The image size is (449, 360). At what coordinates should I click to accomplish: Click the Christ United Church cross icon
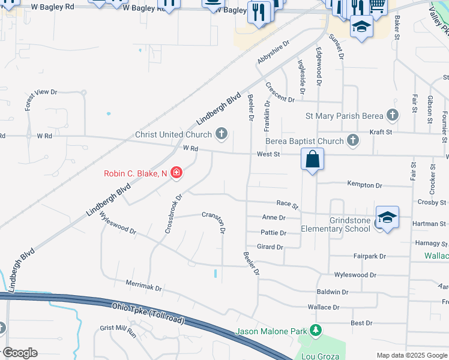tap(222, 134)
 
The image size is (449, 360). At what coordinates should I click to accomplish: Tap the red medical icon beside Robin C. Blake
tap(176, 173)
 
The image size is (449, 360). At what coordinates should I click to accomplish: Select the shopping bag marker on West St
tap(312, 160)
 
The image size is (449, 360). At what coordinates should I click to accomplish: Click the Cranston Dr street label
tap(214, 221)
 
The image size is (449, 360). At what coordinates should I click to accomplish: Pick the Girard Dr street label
tap(270, 247)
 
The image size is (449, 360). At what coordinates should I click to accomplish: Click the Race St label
tap(287, 205)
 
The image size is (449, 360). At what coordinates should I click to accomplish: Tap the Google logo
tap(19, 353)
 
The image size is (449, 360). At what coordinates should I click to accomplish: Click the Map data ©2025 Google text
tap(411, 355)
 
